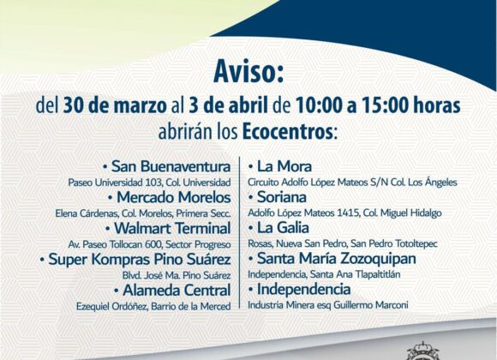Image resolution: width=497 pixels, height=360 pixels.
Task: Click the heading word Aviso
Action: [x=248, y=73]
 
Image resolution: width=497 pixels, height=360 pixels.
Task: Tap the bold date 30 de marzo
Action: [x=115, y=106]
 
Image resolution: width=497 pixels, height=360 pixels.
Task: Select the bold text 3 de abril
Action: [x=228, y=106]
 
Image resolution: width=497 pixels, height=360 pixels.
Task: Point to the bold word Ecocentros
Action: [x=288, y=132]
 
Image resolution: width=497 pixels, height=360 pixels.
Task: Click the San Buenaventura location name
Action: [x=171, y=166]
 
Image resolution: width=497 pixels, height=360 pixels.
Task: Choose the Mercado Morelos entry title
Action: [x=174, y=197]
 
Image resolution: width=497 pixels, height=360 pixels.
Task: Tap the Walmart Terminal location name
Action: [x=172, y=228]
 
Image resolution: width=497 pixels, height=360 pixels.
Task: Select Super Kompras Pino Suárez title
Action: [x=140, y=259]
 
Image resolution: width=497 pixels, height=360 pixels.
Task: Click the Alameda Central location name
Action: [x=177, y=290]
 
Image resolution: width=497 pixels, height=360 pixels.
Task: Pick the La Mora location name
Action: [x=284, y=166]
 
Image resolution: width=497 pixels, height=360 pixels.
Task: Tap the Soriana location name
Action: [x=282, y=197]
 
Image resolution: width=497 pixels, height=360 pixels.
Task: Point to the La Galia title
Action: [x=283, y=228]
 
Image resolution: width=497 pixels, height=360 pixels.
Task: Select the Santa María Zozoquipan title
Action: [x=336, y=259]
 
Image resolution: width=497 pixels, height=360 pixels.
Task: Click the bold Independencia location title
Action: [x=303, y=289]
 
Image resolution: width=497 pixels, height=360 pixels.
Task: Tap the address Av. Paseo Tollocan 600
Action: [x=116, y=244]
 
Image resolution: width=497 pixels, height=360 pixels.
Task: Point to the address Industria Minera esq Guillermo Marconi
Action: [x=327, y=305]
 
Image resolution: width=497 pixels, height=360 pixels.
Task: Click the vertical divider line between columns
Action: [x=239, y=232]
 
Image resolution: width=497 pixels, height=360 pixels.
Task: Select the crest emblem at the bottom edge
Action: [x=423, y=351]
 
